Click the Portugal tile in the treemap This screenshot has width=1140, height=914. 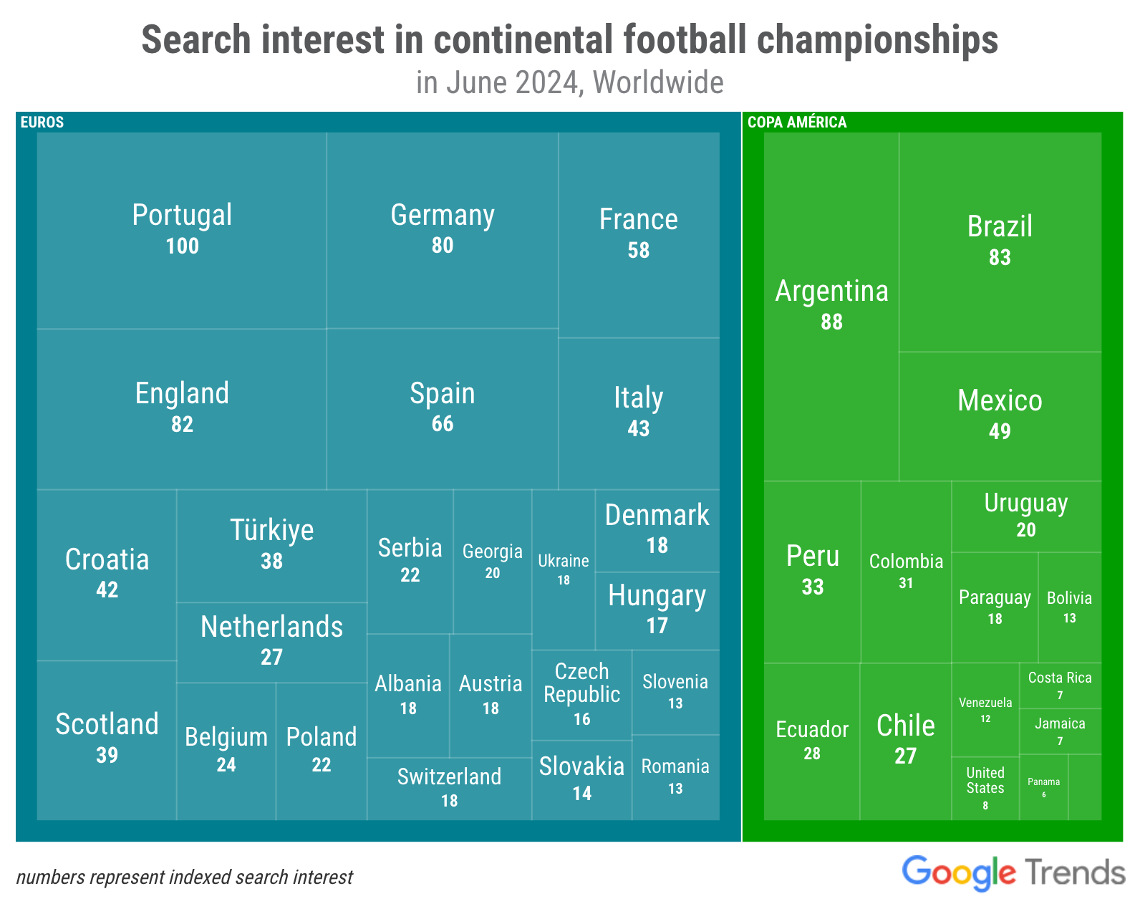coord(182,231)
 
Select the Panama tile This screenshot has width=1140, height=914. coord(1043,786)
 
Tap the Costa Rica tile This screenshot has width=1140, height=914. coord(1060,685)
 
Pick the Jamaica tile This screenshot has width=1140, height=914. coord(1060,731)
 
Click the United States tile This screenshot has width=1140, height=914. coord(985,789)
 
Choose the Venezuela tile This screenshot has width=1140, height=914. coord(985,709)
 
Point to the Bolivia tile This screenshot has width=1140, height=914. coord(1070,607)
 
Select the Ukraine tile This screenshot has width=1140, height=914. coord(563,569)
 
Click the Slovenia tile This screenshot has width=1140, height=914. coord(675,692)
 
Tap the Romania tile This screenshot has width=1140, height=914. coord(675,777)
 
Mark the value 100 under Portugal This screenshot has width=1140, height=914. coord(182,246)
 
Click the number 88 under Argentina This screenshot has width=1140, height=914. coord(831,322)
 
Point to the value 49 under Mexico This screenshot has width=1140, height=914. coord(1000,431)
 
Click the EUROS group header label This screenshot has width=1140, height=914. coord(42,122)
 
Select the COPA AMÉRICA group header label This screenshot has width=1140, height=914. coord(797,122)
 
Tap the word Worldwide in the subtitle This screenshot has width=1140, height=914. coord(658,82)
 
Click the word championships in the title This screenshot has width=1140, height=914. coord(877,39)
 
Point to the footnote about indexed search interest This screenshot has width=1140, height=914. coord(184,877)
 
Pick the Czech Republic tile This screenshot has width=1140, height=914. coord(581,695)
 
